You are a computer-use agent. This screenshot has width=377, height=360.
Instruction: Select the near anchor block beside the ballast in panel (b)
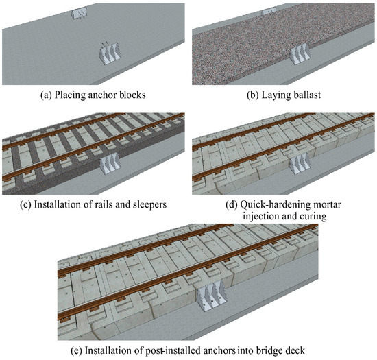tap(297, 55)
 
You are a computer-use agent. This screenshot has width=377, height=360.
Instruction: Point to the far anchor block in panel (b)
tap(269, 11)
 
